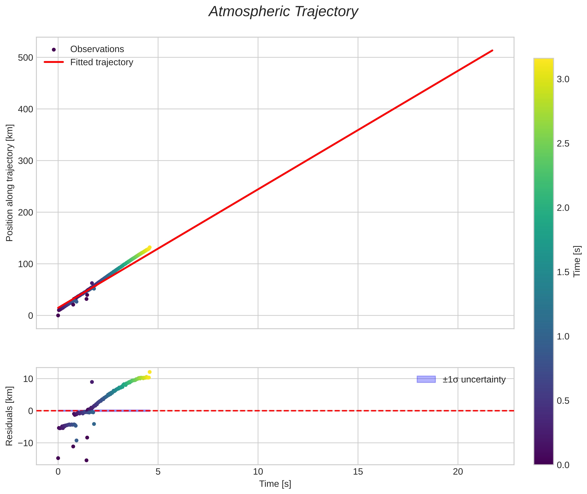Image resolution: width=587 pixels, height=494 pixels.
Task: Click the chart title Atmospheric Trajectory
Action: pos(283,12)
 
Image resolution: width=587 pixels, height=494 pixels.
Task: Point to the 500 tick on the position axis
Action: pos(25,58)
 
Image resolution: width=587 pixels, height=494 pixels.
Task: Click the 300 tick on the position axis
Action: pos(25,161)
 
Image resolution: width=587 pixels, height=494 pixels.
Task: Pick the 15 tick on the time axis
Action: pos(358,472)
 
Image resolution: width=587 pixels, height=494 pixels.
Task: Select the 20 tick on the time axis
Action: pos(458,472)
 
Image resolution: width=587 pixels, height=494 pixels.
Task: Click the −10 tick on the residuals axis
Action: pos(25,443)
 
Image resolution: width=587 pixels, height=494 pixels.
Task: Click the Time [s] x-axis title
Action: pos(275,484)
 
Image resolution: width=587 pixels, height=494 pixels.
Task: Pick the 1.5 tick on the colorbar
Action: pos(563,272)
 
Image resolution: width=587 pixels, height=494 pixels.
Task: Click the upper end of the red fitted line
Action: pos(492,50)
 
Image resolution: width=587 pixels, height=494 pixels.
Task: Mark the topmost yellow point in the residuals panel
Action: pos(150,372)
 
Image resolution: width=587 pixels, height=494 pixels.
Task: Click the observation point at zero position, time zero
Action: pos(58,315)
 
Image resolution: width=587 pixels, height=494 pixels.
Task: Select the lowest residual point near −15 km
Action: pos(87,460)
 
